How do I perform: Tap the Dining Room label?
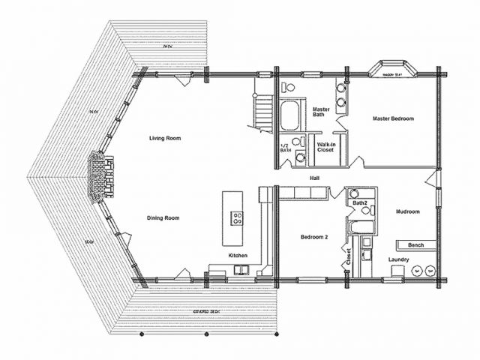tap(163, 218)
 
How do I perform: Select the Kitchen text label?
tap(238, 256)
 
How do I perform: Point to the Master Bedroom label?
tap(393, 118)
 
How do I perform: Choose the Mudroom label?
tap(408, 211)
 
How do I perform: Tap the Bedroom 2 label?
tap(315, 237)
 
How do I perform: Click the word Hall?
tap(316, 178)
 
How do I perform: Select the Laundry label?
tap(399, 259)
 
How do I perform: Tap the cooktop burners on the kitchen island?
tap(237, 219)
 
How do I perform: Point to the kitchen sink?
tap(240, 269)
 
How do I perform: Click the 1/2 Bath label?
tap(285, 148)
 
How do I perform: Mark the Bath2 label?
tap(359, 203)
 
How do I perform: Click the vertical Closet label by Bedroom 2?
tap(348, 256)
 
